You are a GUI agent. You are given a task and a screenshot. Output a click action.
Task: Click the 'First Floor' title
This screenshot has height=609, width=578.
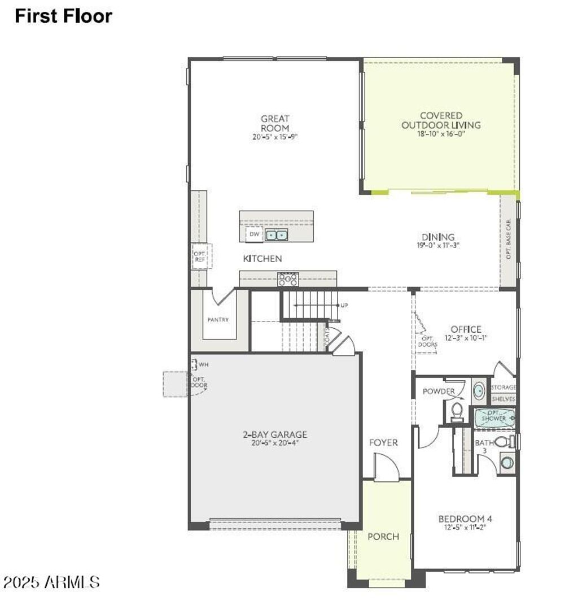[63, 16]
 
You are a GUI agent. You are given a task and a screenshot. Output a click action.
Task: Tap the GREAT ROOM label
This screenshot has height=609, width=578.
[275, 123]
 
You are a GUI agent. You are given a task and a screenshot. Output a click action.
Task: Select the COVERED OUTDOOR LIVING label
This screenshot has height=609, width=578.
[441, 120]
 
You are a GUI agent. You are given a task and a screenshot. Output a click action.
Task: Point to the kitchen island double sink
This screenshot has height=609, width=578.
[277, 234]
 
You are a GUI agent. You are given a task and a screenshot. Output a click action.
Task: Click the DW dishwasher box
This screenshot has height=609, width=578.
[254, 234]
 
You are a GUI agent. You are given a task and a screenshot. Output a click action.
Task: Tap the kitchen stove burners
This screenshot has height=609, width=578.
[287, 279]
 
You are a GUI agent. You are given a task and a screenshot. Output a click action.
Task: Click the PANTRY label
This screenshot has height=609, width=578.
[218, 320]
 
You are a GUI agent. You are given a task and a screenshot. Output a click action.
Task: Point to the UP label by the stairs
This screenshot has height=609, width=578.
[344, 305]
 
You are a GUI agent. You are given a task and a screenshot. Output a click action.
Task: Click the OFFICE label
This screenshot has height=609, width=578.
[466, 329]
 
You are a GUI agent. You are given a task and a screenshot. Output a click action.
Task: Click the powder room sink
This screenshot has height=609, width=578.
[478, 390]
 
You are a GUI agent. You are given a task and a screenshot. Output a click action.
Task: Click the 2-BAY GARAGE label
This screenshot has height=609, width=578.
[275, 434]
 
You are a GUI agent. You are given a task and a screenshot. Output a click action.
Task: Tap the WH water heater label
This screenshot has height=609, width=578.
[203, 365]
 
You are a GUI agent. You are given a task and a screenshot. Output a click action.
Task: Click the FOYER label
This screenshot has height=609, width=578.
[383, 442]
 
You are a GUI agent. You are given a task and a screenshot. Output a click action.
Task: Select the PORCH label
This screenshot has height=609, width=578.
[383, 536]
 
